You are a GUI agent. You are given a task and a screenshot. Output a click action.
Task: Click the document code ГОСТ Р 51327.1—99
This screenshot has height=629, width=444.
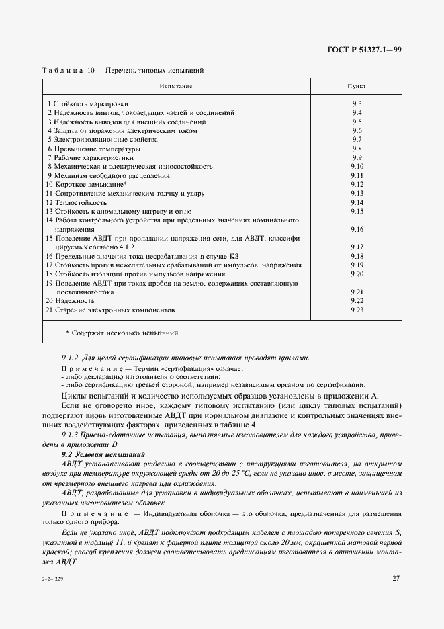pos(363,50)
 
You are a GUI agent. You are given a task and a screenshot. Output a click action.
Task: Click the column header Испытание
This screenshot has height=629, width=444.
pos(176,87)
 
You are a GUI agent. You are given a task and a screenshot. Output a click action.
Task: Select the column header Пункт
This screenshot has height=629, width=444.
pos(356,87)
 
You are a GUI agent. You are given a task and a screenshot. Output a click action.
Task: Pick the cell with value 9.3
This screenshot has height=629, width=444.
pos(357,103)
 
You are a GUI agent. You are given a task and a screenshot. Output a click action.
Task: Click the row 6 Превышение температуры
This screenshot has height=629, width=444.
pos(93,149)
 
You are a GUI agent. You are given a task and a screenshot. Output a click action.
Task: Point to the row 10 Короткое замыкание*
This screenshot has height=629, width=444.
pos(87,184)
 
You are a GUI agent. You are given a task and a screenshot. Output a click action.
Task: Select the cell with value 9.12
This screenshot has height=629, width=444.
pos(357,184)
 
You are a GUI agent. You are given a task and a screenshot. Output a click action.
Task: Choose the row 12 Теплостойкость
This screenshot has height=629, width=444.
pos(77,202)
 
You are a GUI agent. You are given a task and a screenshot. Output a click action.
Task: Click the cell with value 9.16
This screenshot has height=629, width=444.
pos(357,229)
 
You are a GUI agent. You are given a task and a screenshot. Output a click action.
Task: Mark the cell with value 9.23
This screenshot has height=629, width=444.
pos(357,310)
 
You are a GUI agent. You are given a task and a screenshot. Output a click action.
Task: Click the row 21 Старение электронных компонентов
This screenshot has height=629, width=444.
pos(110,310)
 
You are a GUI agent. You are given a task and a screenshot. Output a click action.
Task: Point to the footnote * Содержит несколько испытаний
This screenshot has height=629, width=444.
pos(123,333)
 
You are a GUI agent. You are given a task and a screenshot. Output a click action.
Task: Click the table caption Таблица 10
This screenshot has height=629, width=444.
pos(68,70)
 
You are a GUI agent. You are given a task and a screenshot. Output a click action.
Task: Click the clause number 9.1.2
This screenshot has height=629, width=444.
pos(70,357)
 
